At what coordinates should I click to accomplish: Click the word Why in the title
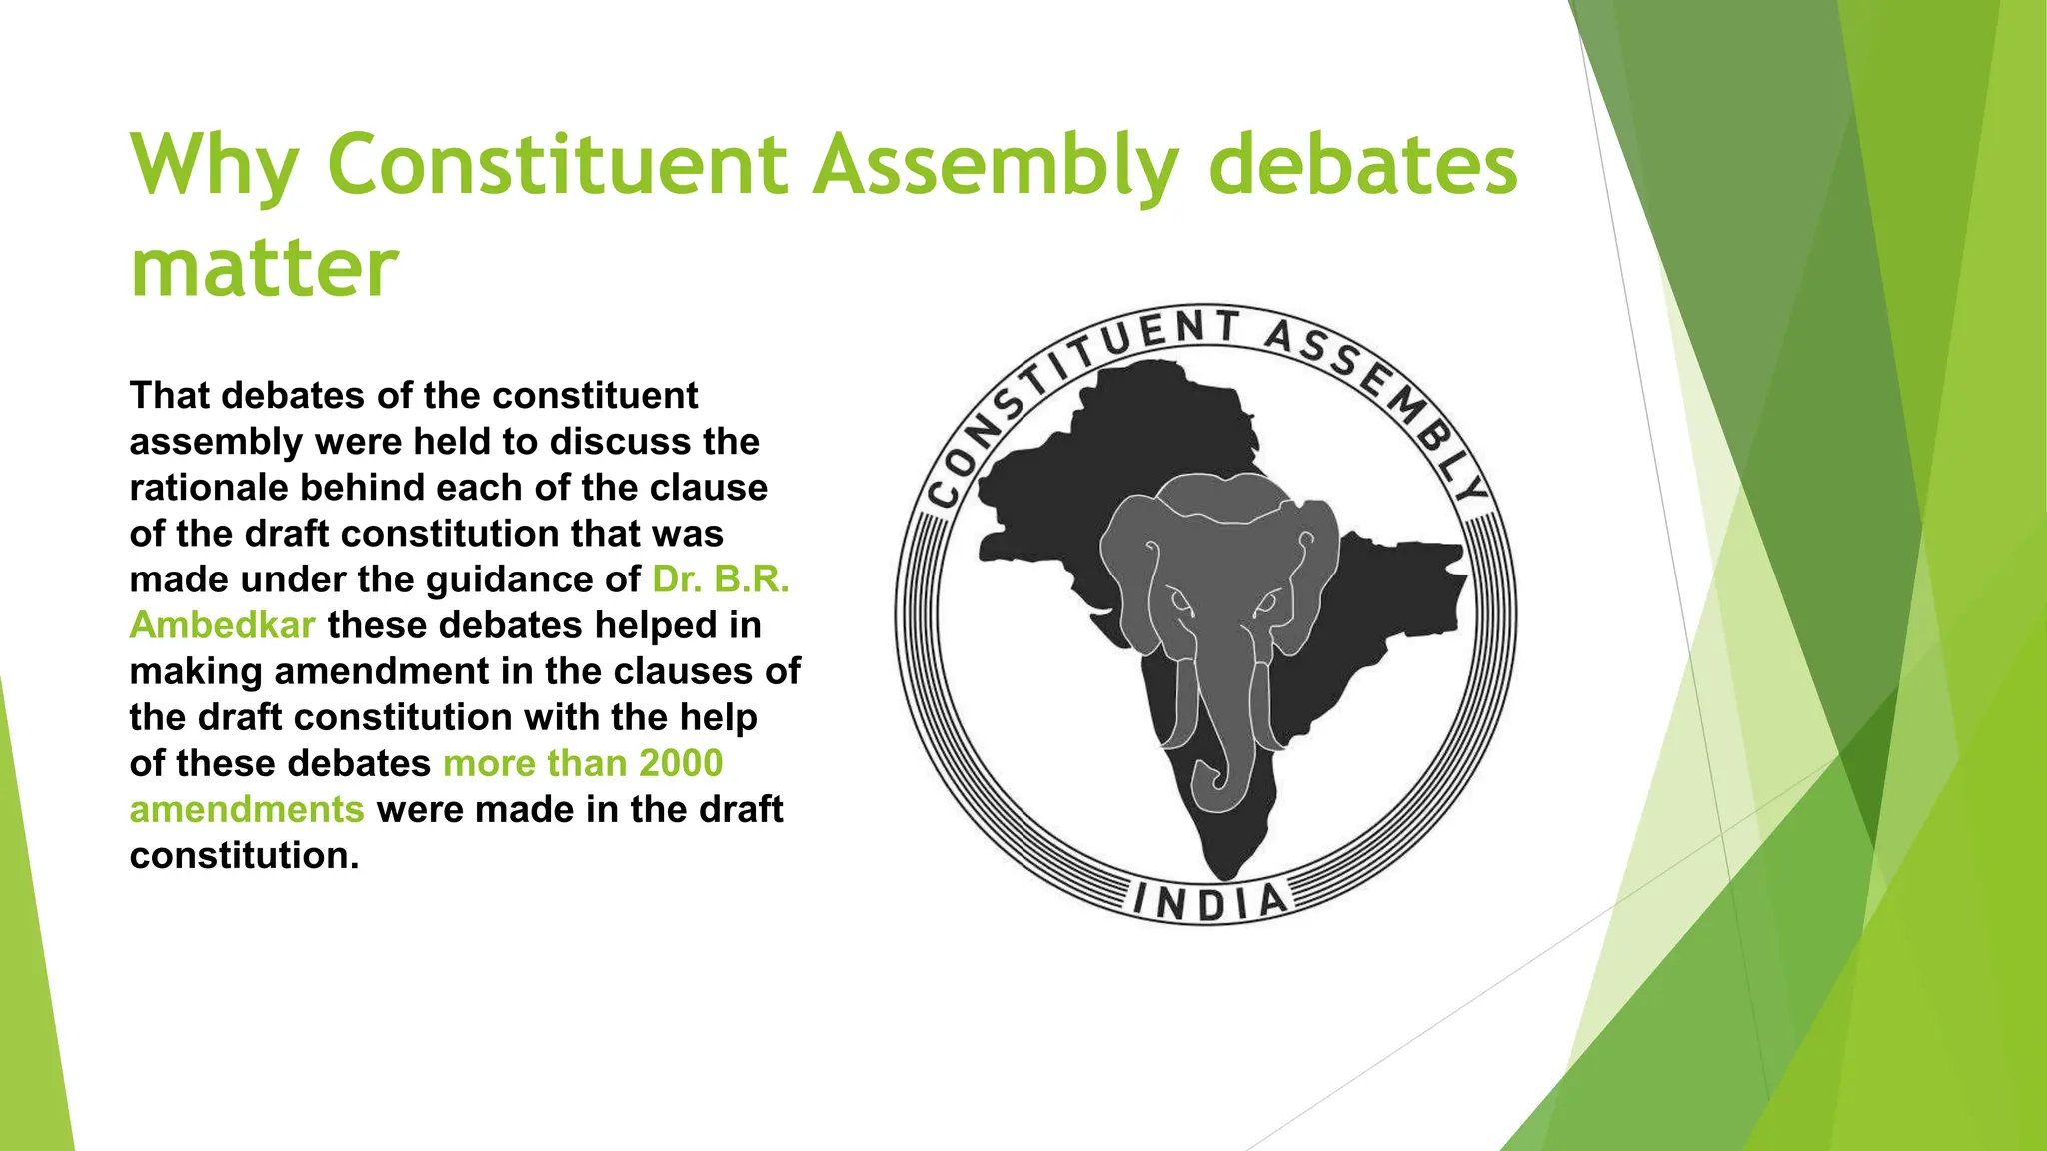coord(213,165)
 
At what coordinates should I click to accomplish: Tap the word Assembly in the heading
coord(995,165)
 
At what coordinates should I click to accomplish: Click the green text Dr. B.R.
coord(720,579)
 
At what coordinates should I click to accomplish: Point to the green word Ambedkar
coord(222,625)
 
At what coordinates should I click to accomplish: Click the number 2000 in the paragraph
coord(681,763)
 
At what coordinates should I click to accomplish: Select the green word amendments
coord(246,809)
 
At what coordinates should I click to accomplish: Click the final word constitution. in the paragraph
coord(243,856)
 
